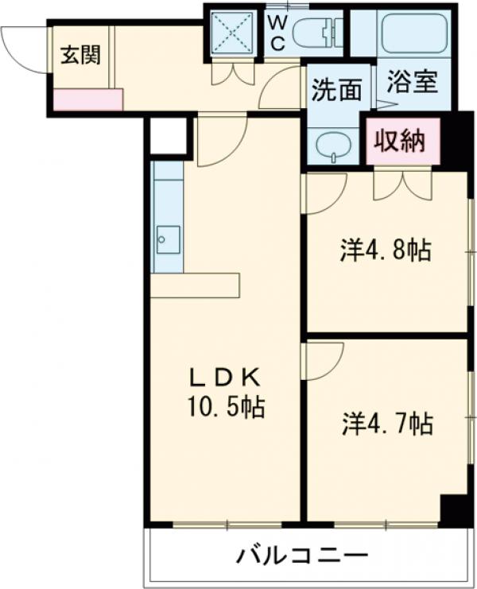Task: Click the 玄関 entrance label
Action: click(82, 56)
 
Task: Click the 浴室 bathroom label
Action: click(413, 83)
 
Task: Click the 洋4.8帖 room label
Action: click(386, 251)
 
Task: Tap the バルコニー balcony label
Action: click(302, 555)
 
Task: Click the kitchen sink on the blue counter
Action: click(168, 238)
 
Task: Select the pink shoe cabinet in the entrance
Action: click(88, 99)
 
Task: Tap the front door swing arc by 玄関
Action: click(24, 49)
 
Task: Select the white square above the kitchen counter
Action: click(168, 136)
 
